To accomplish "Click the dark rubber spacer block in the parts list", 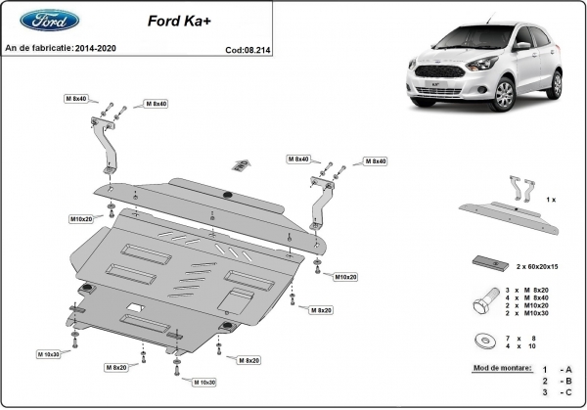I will pyautogui.click(x=486, y=260).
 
